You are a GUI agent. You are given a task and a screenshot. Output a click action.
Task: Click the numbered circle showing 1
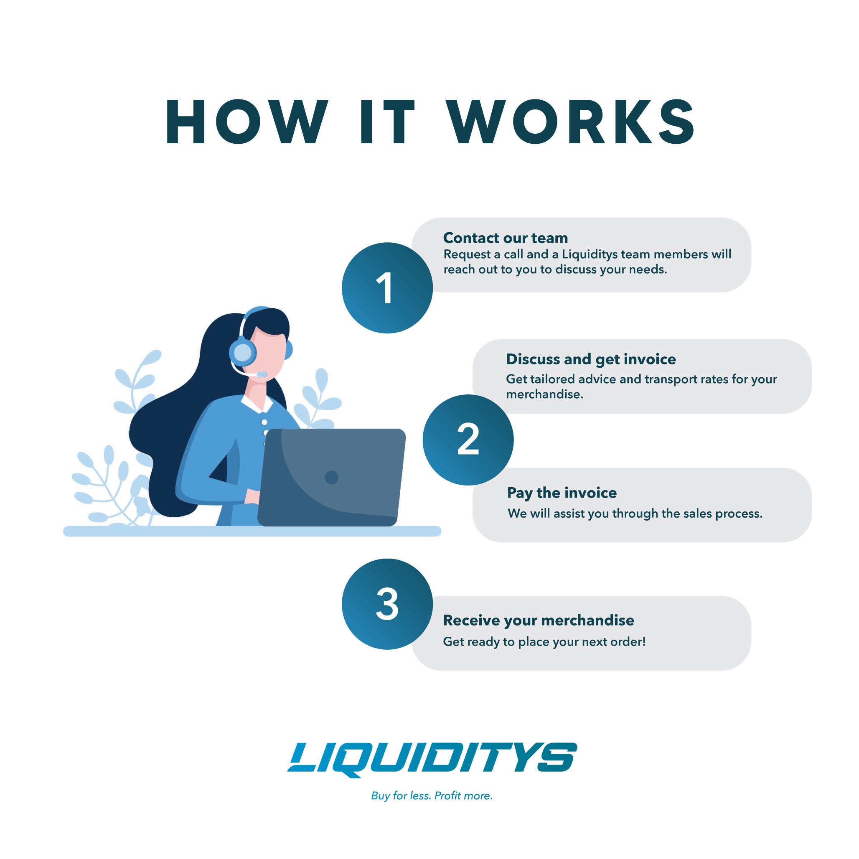[387, 288]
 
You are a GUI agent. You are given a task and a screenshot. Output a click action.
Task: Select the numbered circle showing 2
[468, 440]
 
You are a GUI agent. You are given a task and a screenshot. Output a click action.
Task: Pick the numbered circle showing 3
[387, 604]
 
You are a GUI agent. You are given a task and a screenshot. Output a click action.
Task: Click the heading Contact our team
[506, 238]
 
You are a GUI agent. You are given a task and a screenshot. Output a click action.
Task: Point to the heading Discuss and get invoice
[591, 359]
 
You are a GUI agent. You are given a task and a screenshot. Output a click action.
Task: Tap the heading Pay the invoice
[562, 493]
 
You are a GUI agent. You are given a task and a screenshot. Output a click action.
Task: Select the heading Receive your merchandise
[539, 620]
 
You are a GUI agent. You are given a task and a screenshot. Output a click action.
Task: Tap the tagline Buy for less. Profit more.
[432, 796]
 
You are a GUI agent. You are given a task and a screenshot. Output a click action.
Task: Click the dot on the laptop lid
[332, 478]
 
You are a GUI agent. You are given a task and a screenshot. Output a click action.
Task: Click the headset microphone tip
[262, 374]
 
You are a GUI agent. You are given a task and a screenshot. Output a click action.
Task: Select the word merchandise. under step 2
[545, 394]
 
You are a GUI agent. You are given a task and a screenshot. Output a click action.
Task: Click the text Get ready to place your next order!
[544, 642]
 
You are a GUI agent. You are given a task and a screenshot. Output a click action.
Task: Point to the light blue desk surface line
[252, 531]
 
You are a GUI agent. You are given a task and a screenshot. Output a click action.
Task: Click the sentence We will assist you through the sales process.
[635, 513]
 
